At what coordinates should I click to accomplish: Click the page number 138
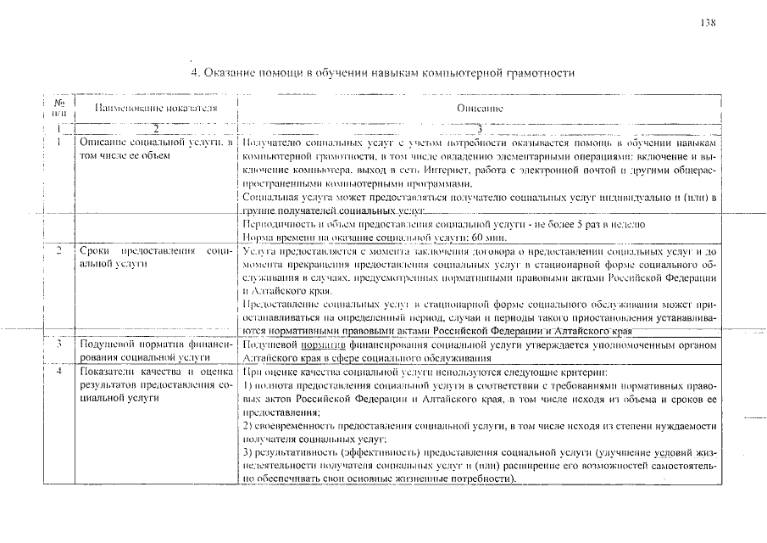click(709, 23)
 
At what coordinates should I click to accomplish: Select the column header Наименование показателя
click(156, 109)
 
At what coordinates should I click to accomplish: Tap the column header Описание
click(480, 109)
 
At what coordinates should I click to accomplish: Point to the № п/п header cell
click(58, 108)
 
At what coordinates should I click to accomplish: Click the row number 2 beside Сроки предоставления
click(58, 252)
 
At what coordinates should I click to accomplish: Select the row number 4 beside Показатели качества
click(58, 372)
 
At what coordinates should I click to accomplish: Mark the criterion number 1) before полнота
click(247, 385)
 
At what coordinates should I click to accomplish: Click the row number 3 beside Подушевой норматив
click(58, 345)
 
